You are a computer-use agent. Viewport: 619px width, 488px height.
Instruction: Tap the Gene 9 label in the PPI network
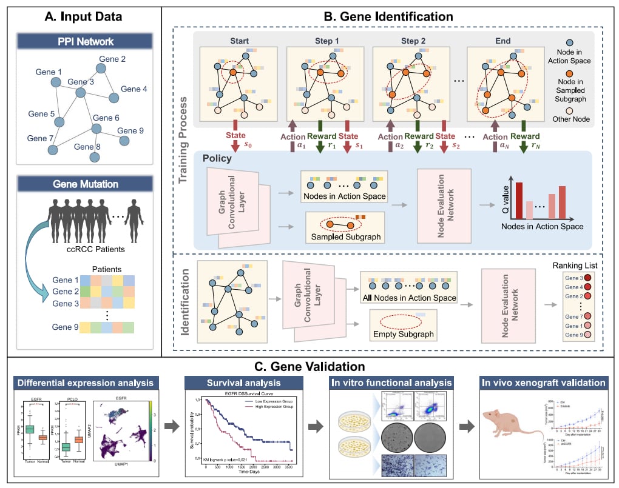click(x=130, y=130)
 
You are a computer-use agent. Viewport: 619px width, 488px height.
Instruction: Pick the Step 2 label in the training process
click(x=413, y=41)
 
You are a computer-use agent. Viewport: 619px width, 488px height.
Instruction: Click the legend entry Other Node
click(x=577, y=118)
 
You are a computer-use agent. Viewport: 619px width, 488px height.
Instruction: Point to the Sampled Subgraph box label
click(x=345, y=236)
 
